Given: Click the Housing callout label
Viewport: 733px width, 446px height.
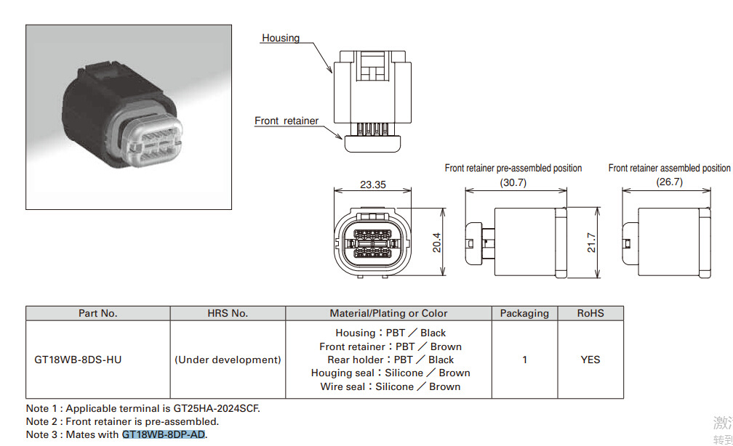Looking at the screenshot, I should (x=281, y=38).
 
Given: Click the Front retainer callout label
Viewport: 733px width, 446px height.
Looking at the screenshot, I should (x=287, y=121).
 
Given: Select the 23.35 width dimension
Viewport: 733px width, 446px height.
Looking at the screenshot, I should (x=372, y=185).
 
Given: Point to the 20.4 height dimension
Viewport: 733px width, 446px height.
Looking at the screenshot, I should (x=436, y=242).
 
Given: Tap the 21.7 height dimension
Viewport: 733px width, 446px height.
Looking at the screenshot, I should (x=591, y=243).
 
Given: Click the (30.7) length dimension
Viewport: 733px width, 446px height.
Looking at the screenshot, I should (x=513, y=182).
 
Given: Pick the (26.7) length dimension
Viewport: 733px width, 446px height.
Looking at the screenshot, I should (x=669, y=182).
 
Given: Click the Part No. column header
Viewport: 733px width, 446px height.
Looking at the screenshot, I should (x=98, y=313).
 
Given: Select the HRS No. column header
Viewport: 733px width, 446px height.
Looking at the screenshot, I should (x=228, y=313).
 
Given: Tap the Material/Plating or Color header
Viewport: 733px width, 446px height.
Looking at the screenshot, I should (x=388, y=313).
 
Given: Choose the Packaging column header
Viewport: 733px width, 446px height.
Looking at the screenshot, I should (x=524, y=313).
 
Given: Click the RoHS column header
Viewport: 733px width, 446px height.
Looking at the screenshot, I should (x=590, y=313).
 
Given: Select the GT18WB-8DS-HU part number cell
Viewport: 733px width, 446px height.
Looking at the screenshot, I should (x=79, y=360).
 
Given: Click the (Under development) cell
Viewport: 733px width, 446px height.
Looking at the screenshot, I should (x=228, y=360).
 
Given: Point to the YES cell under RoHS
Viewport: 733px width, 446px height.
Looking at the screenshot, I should (x=590, y=360).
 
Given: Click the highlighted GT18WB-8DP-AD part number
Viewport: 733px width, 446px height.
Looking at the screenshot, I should (x=164, y=434).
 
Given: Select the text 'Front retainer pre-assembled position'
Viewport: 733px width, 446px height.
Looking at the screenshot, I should (x=513, y=168).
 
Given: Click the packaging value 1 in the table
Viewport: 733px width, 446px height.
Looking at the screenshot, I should (x=524, y=360).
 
